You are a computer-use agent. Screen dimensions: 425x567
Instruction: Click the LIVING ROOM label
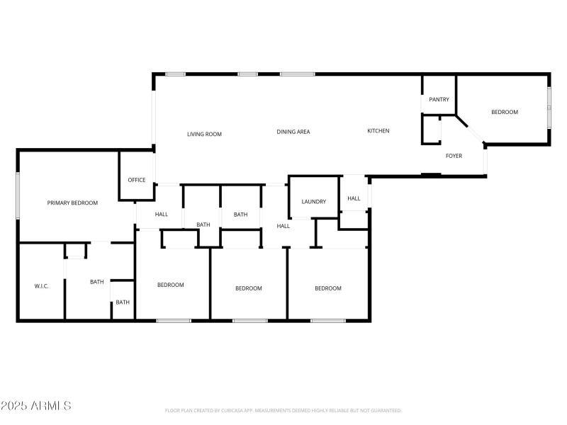(204, 134)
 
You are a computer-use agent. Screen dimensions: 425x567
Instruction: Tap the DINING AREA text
(293, 132)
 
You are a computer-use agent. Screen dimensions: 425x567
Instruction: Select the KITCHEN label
(378, 131)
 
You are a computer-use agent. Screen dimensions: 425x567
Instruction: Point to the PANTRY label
(439, 100)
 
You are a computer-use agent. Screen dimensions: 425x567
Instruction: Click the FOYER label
(454, 156)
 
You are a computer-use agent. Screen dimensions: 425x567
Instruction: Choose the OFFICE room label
(136, 180)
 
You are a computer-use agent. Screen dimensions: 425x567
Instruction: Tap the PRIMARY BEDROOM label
(72, 203)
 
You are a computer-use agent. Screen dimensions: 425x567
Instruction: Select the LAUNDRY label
(313, 202)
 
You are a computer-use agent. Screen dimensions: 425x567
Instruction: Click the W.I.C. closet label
(41, 286)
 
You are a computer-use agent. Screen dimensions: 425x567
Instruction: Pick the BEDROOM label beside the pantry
(505, 112)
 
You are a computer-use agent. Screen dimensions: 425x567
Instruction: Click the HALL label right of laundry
(354, 199)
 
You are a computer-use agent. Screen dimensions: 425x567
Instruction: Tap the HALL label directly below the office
(162, 214)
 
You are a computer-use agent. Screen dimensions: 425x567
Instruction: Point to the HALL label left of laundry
(283, 226)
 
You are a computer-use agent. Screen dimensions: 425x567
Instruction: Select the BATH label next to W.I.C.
(96, 282)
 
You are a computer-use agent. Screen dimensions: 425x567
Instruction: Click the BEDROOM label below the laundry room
(328, 288)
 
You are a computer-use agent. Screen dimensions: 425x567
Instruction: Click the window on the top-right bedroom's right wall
(549, 107)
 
